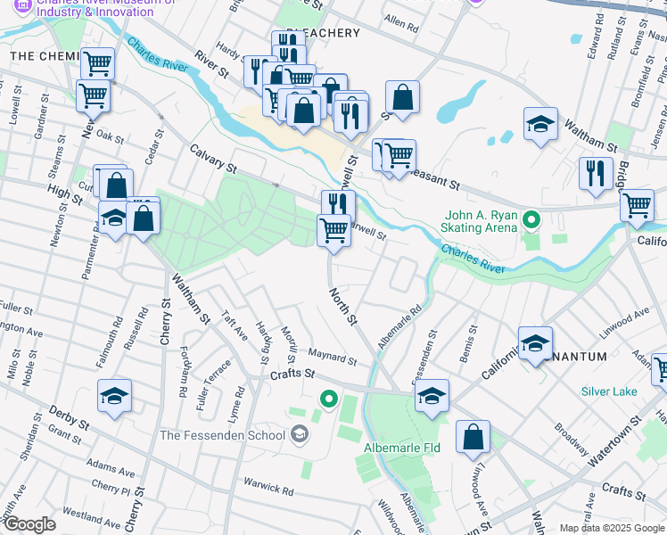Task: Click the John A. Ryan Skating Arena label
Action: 481,221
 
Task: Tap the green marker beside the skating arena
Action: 531,218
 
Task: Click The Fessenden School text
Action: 222,435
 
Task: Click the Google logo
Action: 29,524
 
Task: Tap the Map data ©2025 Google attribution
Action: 611,528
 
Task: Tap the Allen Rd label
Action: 400,25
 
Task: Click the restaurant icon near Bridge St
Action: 595,174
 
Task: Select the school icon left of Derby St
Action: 115,398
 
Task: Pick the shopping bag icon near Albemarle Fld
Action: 473,438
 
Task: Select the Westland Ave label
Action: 93,515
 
